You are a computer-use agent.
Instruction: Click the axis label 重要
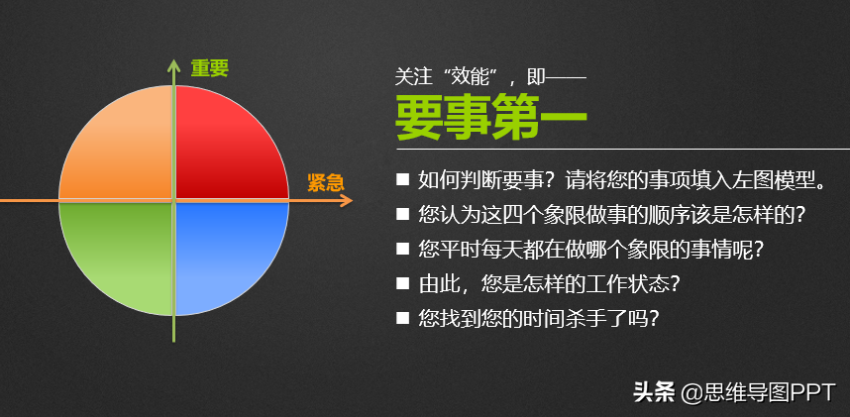point(210,68)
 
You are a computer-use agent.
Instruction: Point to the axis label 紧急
point(326,182)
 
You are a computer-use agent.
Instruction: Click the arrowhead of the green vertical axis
point(173,65)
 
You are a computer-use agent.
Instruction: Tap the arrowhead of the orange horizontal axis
point(346,201)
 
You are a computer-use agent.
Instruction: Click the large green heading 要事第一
point(491,118)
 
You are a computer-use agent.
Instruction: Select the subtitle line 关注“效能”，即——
point(490,77)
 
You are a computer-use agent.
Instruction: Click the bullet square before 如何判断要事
point(403,179)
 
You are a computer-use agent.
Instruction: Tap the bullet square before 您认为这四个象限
point(403,214)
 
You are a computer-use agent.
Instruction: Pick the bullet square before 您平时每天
point(403,249)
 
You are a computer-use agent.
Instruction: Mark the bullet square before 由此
point(403,283)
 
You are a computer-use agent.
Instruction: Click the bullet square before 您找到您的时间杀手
point(403,318)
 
